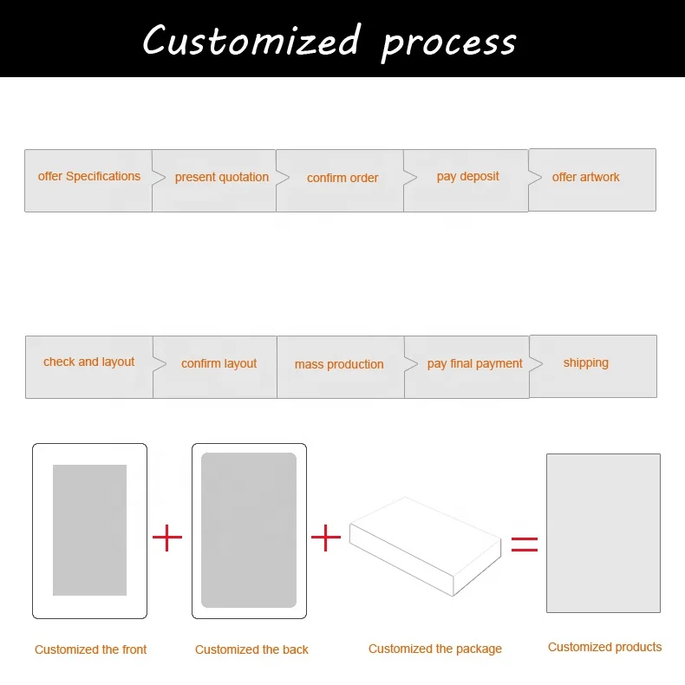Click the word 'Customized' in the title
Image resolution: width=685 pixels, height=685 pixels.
(251, 41)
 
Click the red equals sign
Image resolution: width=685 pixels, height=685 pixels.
(524, 544)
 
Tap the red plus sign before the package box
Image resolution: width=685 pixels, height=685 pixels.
(325, 538)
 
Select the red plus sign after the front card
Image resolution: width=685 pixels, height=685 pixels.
(167, 538)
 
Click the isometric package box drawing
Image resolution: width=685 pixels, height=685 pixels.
(425, 545)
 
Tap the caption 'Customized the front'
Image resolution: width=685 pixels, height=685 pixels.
(90, 649)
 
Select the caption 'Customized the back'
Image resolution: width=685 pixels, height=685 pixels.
(251, 649)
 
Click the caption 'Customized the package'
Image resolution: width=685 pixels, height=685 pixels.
(434, 649)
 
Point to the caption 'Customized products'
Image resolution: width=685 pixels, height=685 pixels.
(604, 647)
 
